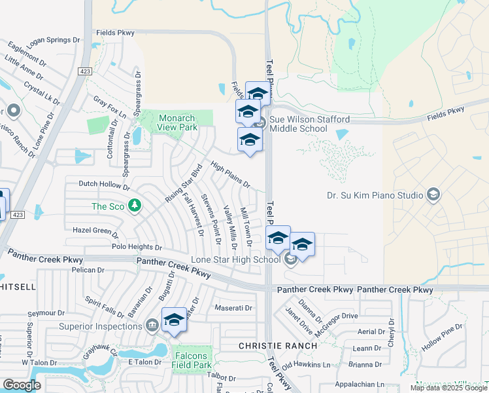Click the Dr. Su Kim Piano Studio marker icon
(x=433, y=195)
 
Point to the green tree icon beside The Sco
(x=135, y=206)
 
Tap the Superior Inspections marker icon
(x=152, y=326)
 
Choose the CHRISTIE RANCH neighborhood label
(x=269, y=345)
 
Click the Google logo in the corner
(x=22, y=385)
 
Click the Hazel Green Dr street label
(x=95, y=231)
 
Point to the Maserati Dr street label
(x=233, y=308)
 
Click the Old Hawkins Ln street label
(x=306, y=365)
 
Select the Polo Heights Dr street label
(x=137, y=248)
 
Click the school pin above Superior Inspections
(x=175, y=320)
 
